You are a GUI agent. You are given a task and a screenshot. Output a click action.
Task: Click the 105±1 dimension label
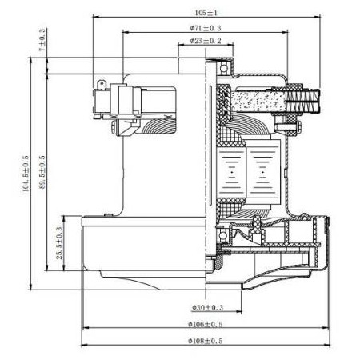pyautogui.click(x=206, y=14)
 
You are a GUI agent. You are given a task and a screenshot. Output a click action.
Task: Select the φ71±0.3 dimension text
pyautogui.click(x=206, y=27)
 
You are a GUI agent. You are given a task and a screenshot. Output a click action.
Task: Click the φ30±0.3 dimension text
pyautogui.click(x=206, y=307)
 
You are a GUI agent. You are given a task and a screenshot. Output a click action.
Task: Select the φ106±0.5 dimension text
pyautogui.click(x=206, y=326)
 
